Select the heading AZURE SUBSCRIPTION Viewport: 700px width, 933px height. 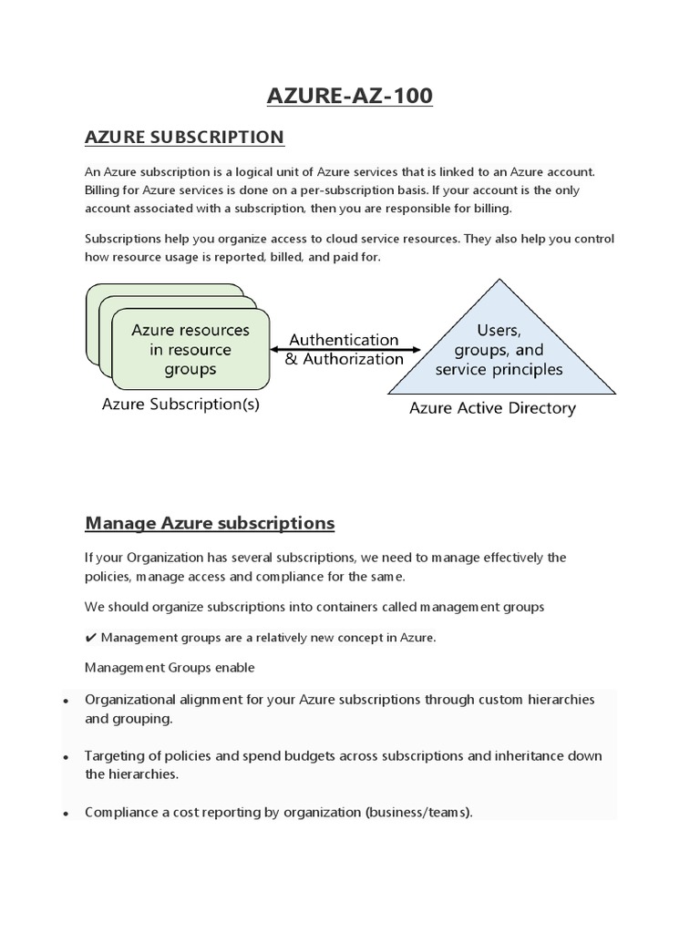[184, 137]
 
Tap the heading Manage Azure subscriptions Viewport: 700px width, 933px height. [210, 523]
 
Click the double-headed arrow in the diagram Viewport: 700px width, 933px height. [345, 349]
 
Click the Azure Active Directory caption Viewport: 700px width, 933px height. [492, 408]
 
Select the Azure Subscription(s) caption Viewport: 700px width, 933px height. [180, 405]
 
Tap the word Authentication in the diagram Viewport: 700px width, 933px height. [344, 339]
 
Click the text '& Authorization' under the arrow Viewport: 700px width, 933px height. [344, 359]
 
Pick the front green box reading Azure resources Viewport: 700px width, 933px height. [190, 349]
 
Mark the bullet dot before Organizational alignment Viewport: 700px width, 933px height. [67, 702]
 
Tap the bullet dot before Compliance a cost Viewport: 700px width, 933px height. [67, 813]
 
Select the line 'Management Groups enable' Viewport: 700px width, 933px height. [170, 667]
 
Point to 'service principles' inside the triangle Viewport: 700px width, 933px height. [499, 369]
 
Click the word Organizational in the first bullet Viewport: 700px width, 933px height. [131, 700]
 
